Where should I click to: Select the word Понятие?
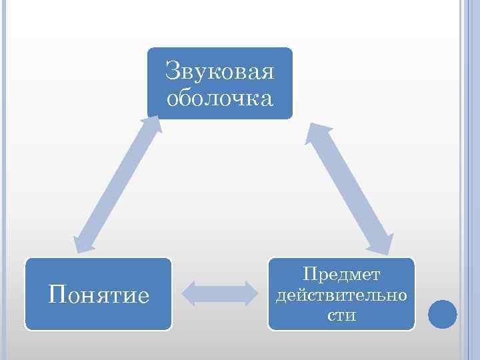[x=99, y=293]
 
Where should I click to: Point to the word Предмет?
[x=341, y=273]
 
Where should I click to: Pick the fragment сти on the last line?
[x=341, y=314]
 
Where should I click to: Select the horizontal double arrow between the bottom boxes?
[x=220, y=293]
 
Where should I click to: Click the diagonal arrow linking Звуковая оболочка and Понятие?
[x=117, y=183]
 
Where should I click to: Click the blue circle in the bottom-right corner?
[x=441, y=313]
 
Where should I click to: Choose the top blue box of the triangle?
[x=220, y=83]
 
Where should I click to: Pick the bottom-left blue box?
[x=99, y=294]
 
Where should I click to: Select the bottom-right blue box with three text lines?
[x=341, y=294]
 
